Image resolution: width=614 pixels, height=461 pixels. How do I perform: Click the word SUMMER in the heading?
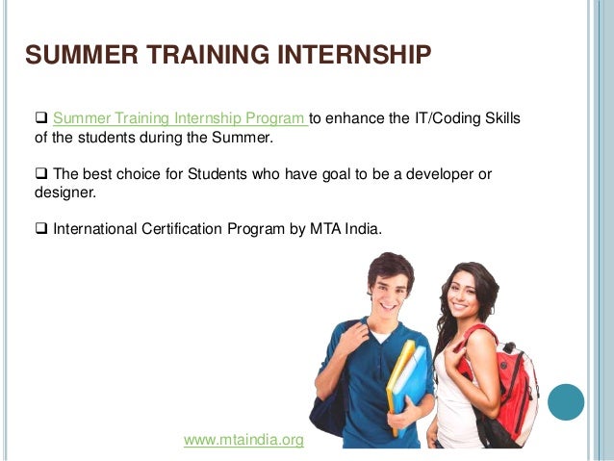73,56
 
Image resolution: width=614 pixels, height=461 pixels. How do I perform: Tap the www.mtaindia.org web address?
243,440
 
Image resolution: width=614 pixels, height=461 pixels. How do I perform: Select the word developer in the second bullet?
435,174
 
